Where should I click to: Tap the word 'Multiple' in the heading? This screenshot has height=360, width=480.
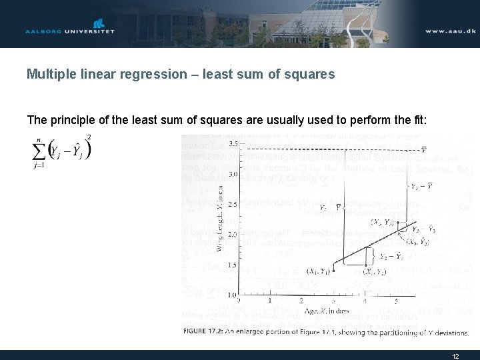pos(49,74)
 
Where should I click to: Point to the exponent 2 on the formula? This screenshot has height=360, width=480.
pos(89,138)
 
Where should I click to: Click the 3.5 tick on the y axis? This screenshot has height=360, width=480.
pos(233,144)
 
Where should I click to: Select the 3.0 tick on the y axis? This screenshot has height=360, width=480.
pos(233,174)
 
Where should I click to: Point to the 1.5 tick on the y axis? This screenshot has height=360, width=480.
pos(233,265)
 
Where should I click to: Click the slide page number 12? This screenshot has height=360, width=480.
pos(455,356)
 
